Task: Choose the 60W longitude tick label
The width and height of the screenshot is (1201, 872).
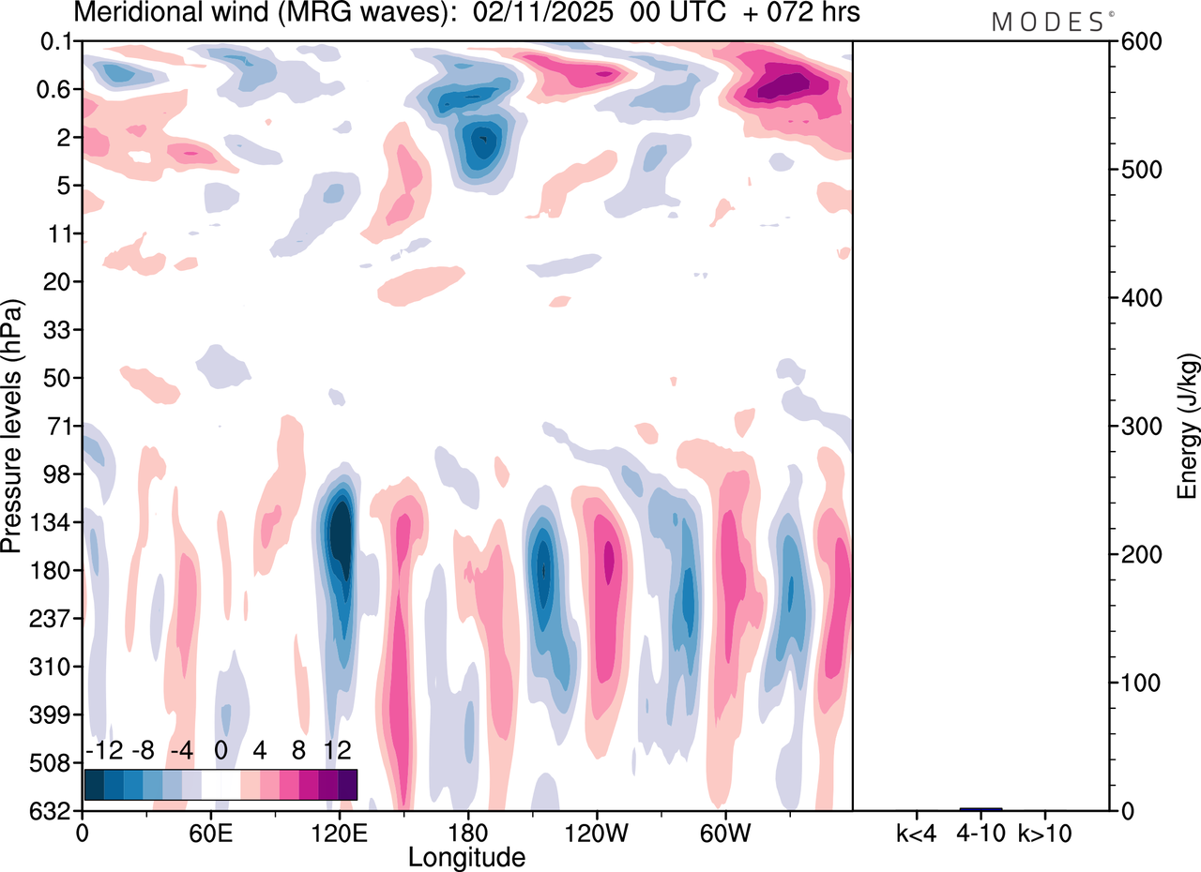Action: tap(723, 832)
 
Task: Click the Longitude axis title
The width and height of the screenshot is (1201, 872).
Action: tap(466, 856)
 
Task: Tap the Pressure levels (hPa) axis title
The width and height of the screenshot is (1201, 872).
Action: tap(13, 427)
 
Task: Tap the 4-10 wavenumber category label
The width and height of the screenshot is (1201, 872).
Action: tap(981, 832)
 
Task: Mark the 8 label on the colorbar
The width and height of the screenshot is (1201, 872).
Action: tap(298, 750)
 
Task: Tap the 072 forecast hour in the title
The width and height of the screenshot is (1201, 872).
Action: tap(768, 14)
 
